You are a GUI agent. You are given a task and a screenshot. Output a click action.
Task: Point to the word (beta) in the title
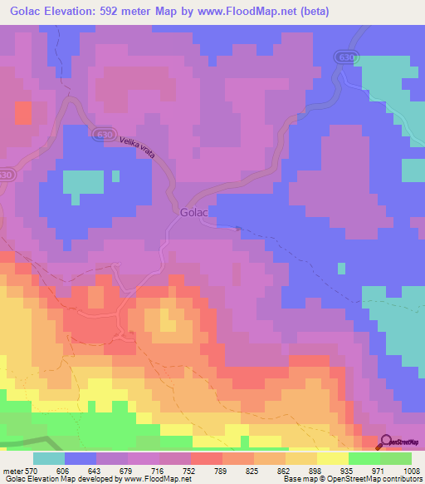pyautogui.click(x=311, y=12)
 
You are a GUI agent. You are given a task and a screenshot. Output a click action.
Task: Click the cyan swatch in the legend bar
pyautogui.click(x=49, y=458)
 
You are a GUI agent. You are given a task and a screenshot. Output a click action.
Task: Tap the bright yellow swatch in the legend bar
pyautogui.click(x=333, y=458)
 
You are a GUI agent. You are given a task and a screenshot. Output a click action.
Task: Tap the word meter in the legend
pyautogui.click(x=11, y=470)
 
